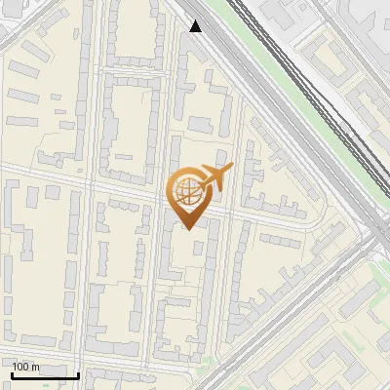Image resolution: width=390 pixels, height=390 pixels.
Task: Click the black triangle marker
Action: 196,26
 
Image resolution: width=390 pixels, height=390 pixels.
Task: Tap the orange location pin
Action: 190,195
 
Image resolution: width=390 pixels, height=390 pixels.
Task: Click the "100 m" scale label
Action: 25,367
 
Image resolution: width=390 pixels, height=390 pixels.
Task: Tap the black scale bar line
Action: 45,375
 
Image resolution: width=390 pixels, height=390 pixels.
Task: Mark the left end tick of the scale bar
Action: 12,373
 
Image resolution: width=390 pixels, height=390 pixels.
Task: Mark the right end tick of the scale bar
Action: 78,373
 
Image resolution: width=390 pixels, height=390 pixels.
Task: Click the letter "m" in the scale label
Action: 34,367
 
